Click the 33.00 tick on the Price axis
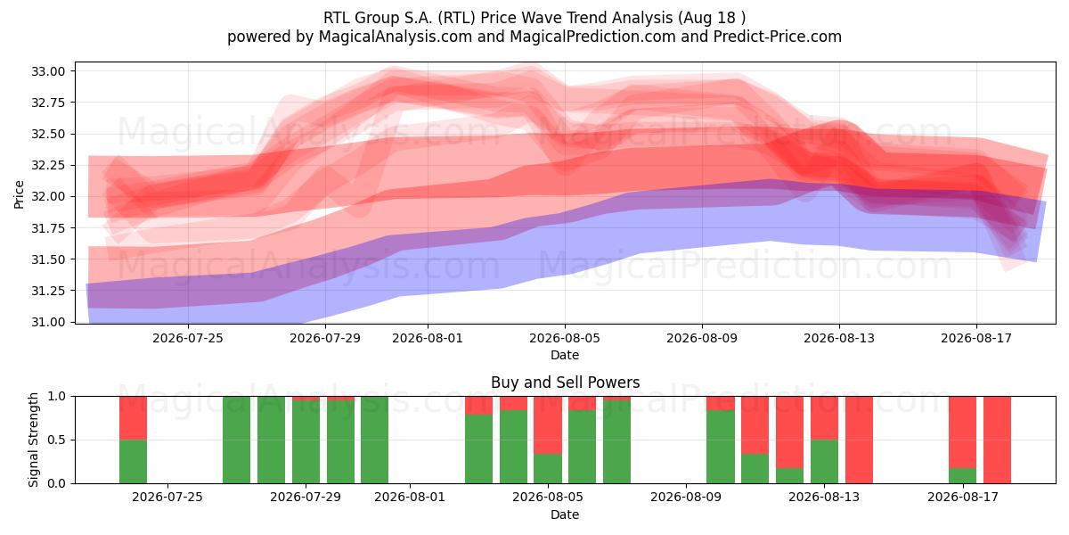click(x=48, y=71)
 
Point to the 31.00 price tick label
click(x=48, y=322)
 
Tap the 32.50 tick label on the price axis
click(x=48, y=135)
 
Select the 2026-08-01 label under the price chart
click(x=428, y=338)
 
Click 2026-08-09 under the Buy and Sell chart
click(x=686, y=498)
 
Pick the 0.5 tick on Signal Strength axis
click(x=57, y=440)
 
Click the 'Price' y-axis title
click(x=19, y=194)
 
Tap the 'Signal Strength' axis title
click(x=33, y=440)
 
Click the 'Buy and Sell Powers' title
click(x=565, y=383)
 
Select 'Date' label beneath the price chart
click(x=565, y=355)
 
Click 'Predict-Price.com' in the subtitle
click(x=778, y=37)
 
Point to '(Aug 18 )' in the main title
click(x=711, y=18)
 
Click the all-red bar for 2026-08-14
click(x=859, y=440)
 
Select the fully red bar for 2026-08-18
click(x=997, y=440)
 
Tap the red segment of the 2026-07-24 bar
click(x=133, y=418)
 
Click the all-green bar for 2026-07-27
click(x=236, y=440)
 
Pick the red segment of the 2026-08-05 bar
click(x=548, y=425)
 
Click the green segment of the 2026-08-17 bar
click(x=963, y=476)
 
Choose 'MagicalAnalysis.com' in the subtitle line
click(x=396, y=37)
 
